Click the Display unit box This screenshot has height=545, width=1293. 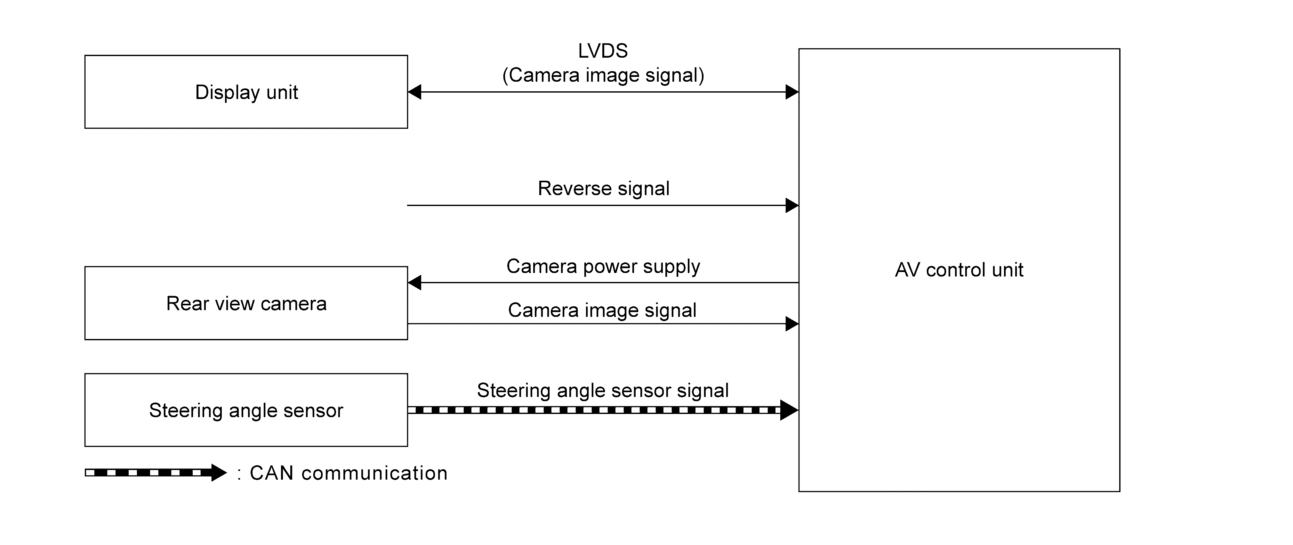[x=246, y=92]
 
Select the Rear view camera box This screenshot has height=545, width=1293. [x=246, y=303]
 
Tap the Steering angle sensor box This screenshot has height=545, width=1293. [x=246, y=410]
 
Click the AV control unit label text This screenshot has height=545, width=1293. [x=959, y=270]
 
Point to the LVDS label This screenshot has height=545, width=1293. [x=603, y=51]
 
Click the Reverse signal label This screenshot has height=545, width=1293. [x=603, y=189]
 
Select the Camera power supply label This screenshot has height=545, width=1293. [x=603, y=266]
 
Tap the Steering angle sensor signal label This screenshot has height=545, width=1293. [x=602, y=390]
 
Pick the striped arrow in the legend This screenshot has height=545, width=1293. [x=156, y=473]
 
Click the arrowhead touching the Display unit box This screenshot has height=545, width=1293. [x=414, y=92]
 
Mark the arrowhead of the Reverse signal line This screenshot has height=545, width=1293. [x=792, y=205]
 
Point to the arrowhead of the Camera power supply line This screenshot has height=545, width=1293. [x=414, y=283]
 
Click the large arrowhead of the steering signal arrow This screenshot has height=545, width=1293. [x=789, y=410]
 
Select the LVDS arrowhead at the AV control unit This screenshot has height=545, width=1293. [x=792, y=92]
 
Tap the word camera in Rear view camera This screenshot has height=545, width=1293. [x=293, y=304]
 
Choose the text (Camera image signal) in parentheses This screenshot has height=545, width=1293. [x=603, y=75]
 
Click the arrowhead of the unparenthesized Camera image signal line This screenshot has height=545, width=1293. [x=792, y=324]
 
